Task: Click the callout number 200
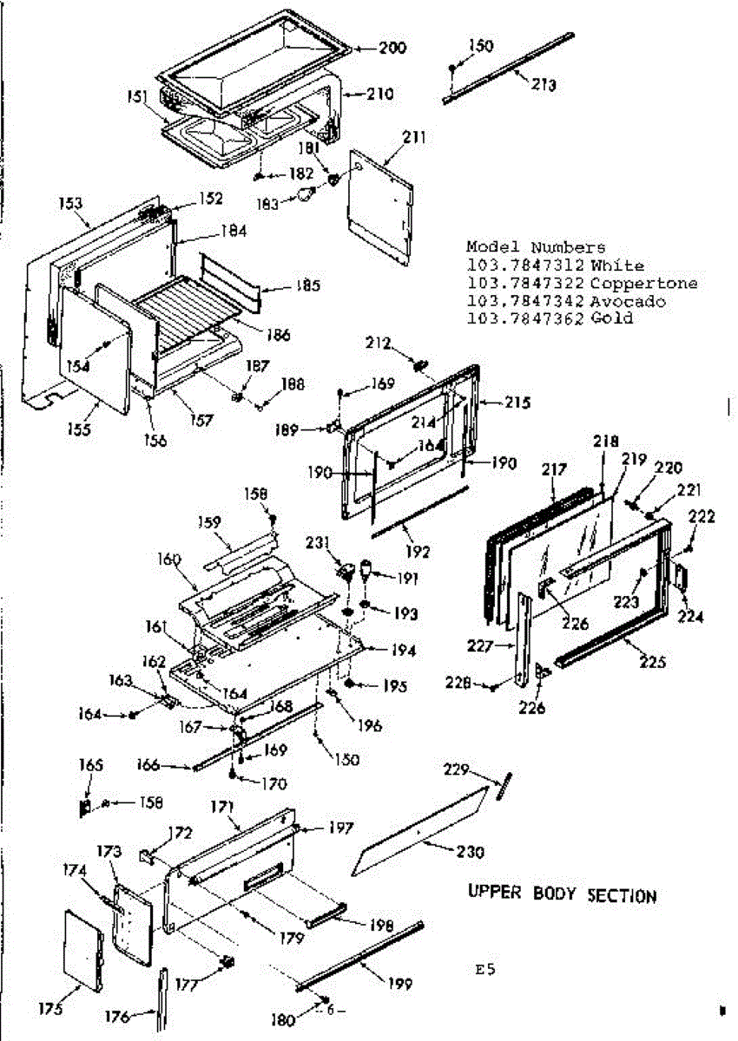[x=392, y=48]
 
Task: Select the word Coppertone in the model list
[x=642, y=284]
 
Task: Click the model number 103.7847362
[x=524, y=318]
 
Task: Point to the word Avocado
[x=627, y=301]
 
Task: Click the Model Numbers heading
[x=536, y=248]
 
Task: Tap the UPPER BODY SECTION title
[x=563, y=894]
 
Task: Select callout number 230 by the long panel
[x=469, y=853]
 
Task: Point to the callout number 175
[x=51, y=1009]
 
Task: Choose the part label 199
[x=400, y=985]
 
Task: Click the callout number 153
[x=70, y=204]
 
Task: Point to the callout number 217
[x=554, y=470]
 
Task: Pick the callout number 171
[x=223, y=808]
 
